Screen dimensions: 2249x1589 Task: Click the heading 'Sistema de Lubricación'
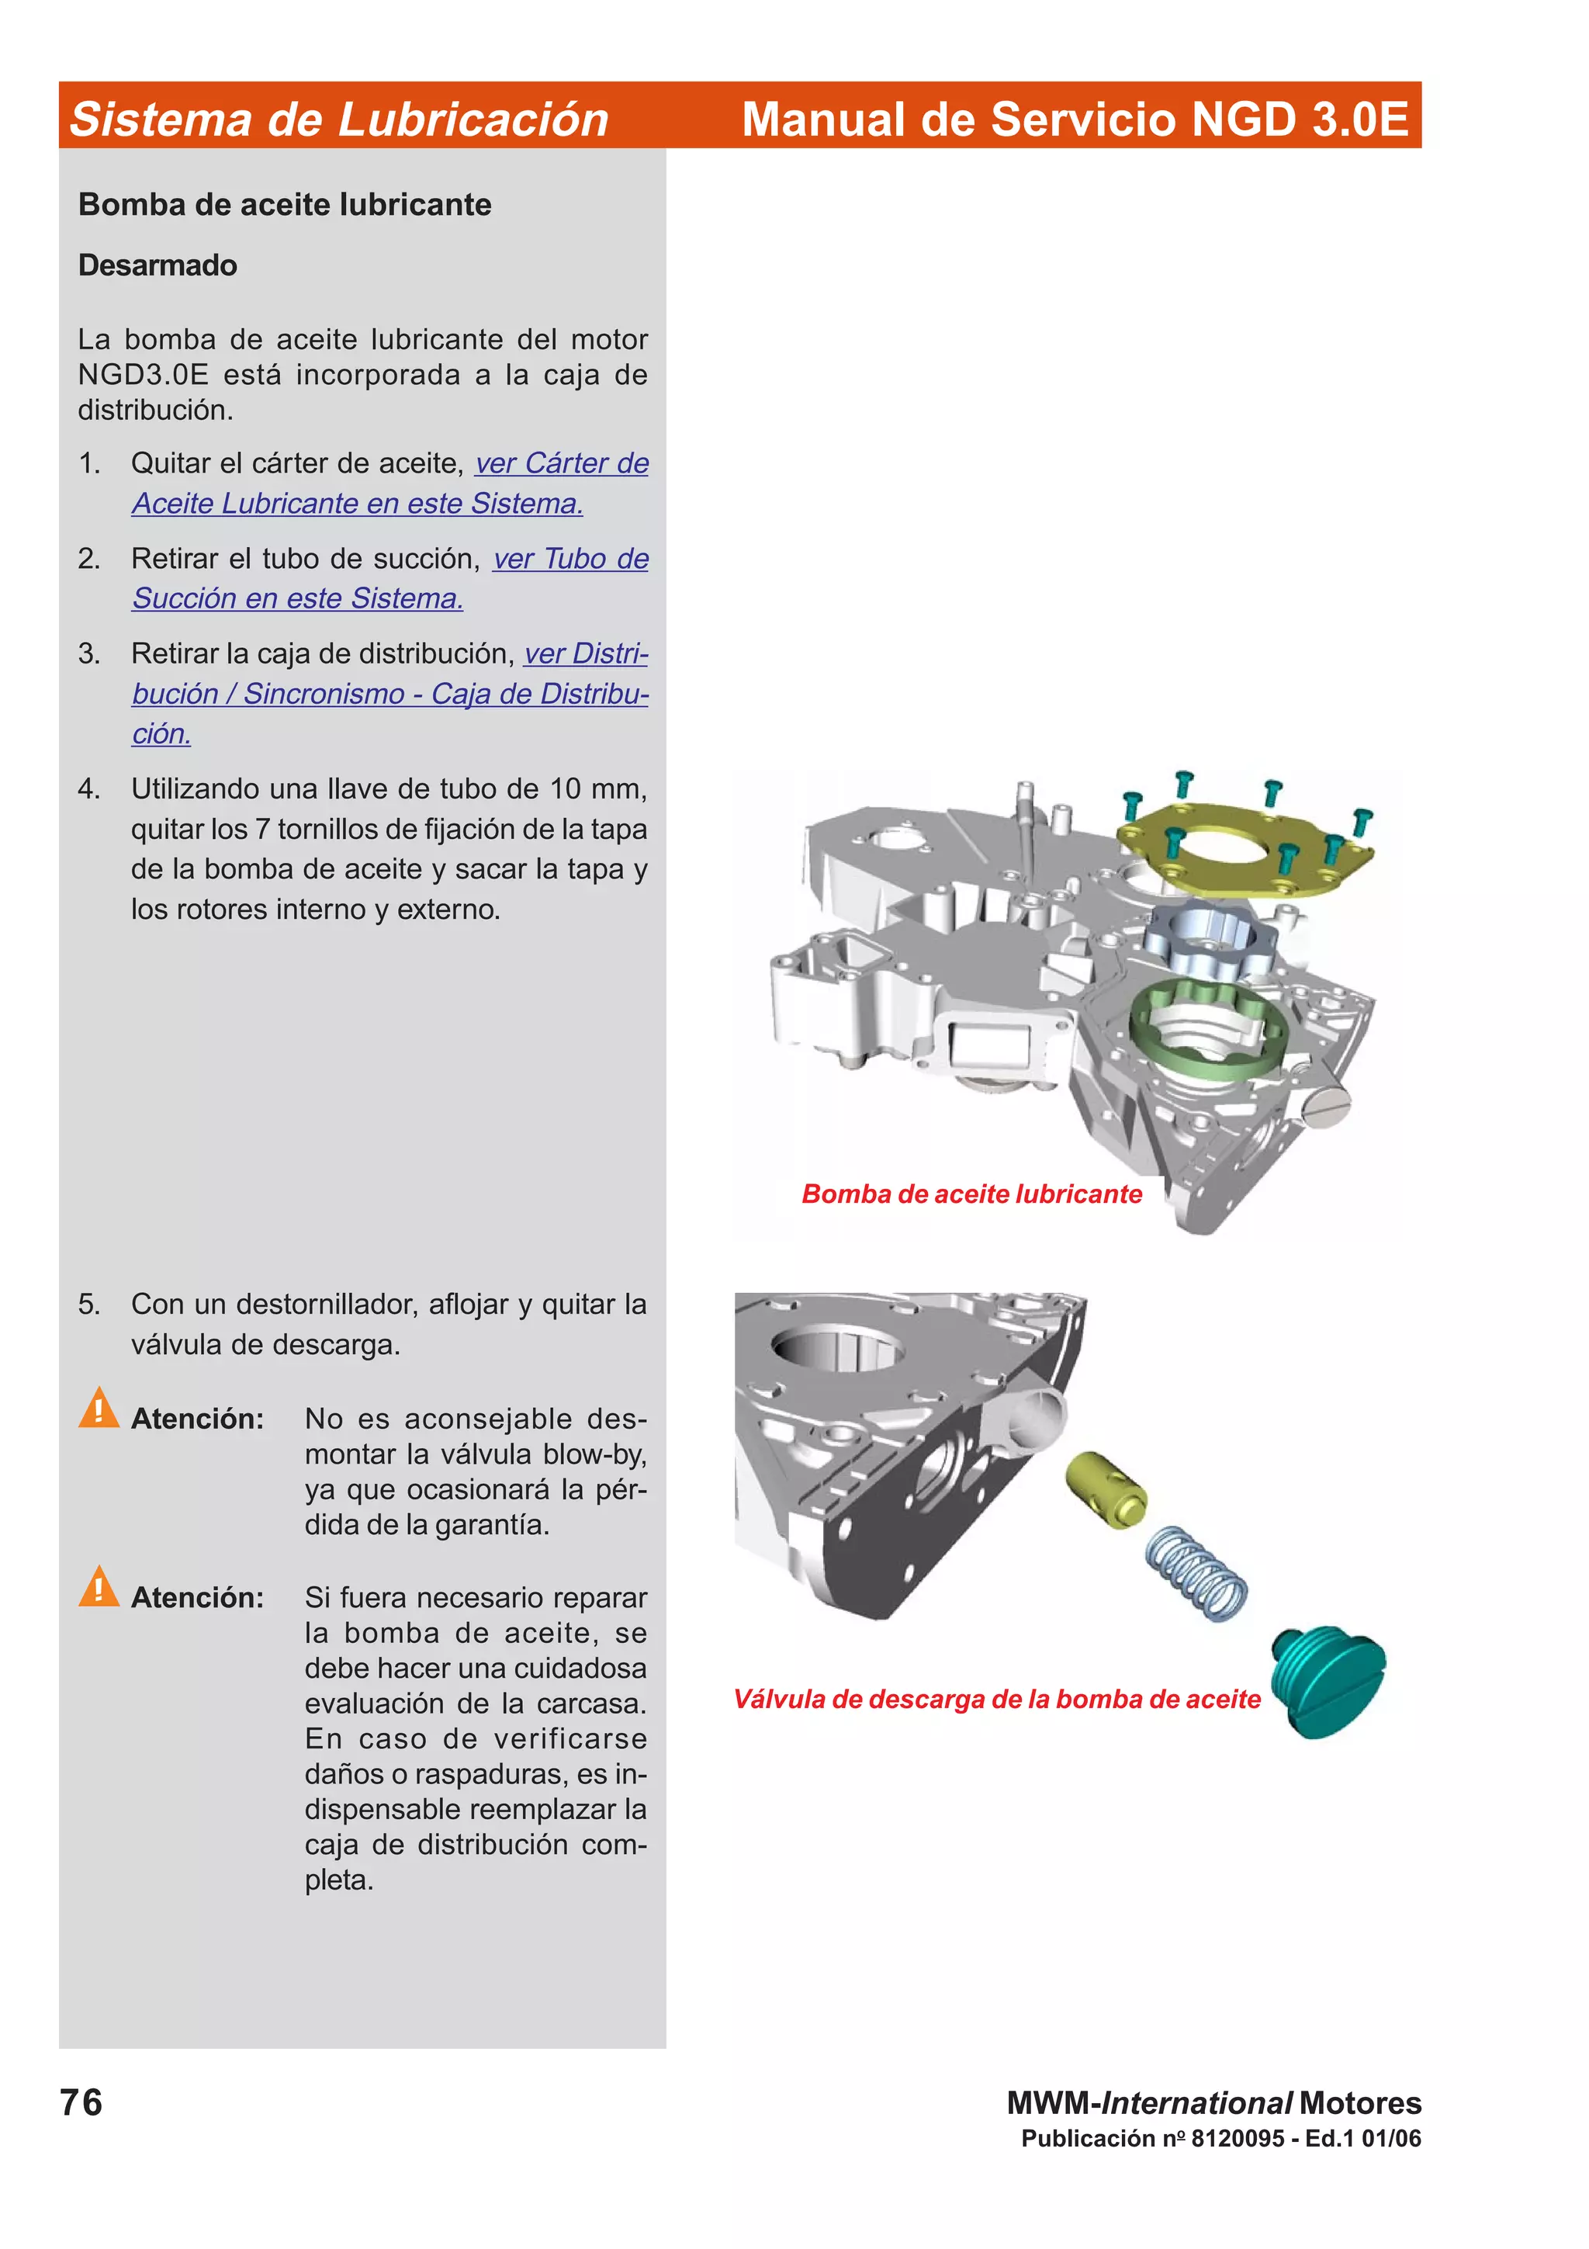(x=339, y=120)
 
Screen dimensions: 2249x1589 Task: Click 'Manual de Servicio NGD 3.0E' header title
(x=1074, y=120)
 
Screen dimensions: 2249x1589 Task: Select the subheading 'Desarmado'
(x=158, y=265)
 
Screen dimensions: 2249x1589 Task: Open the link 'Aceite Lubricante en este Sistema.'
(x=358, y=504)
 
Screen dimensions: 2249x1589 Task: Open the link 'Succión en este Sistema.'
(x=298, y=598)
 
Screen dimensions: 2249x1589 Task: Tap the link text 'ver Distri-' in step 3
(x=586, y=653)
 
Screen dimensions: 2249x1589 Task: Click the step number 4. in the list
(x=89, y=788)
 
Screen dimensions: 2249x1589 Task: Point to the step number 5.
(x=89, y=1304)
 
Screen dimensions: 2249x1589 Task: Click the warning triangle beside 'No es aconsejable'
(x=99, y=1409)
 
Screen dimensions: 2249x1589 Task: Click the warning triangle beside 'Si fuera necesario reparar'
(x=99, y=1587)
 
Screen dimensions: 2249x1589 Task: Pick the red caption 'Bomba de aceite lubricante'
(x=971, y=1194)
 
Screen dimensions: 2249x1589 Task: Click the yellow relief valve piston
(x=1106, y=1489)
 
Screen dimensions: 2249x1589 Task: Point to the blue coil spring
(x=1196, y=1572)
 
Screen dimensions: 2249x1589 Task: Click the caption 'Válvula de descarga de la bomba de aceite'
(x=997, y=1700)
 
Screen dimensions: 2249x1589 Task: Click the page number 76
(x=81, y=2103)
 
